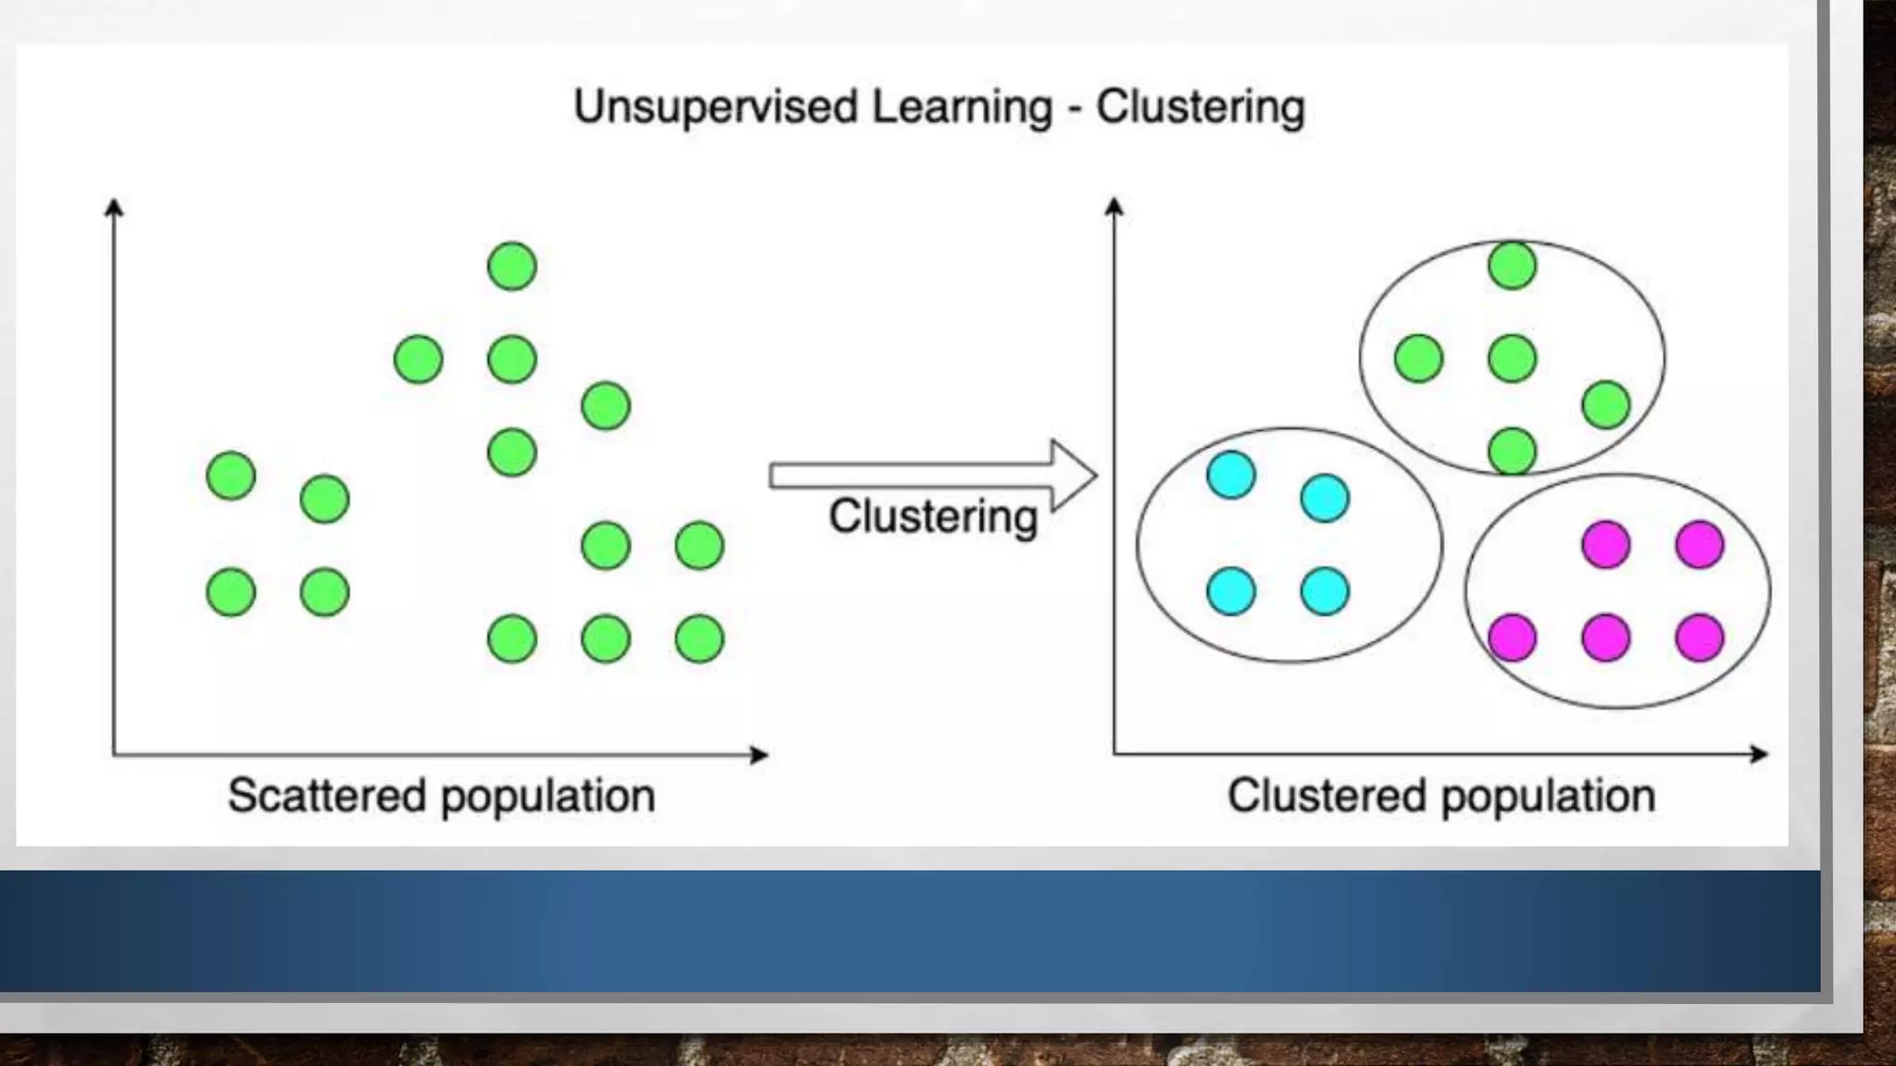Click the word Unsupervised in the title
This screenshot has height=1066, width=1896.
(717, 107)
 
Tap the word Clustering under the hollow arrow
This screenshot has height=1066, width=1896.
(932, 516)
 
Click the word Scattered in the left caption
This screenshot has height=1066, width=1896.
(326, 796)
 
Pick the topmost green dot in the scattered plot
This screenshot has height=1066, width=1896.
(512, 266)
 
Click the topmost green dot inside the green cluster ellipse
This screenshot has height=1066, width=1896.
(1512, 266)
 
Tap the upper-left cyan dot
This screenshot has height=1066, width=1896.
(1231, 476)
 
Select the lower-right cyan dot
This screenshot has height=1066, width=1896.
(1325, 591)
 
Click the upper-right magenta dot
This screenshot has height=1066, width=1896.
(1700, 544)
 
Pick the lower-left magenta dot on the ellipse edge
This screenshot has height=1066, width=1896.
(1512, 638)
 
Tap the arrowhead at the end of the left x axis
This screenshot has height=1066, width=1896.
(759, 755)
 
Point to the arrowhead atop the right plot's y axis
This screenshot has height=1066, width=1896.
(1115, 205)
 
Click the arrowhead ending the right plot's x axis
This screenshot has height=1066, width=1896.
(1759, 754)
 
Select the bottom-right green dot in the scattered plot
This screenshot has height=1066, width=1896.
(699, 638)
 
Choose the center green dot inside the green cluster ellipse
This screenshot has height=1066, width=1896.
(1512, 358)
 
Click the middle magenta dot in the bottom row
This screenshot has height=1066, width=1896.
(1605, 638)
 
